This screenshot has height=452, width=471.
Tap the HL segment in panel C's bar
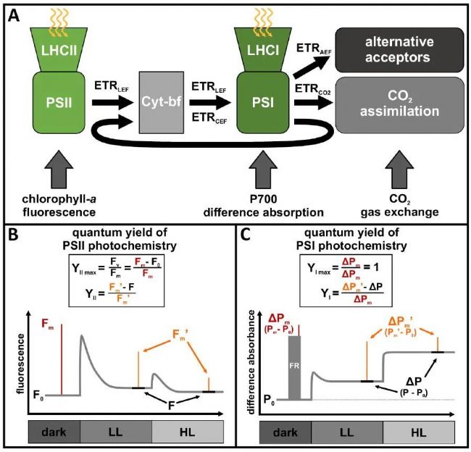click(413, 431)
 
